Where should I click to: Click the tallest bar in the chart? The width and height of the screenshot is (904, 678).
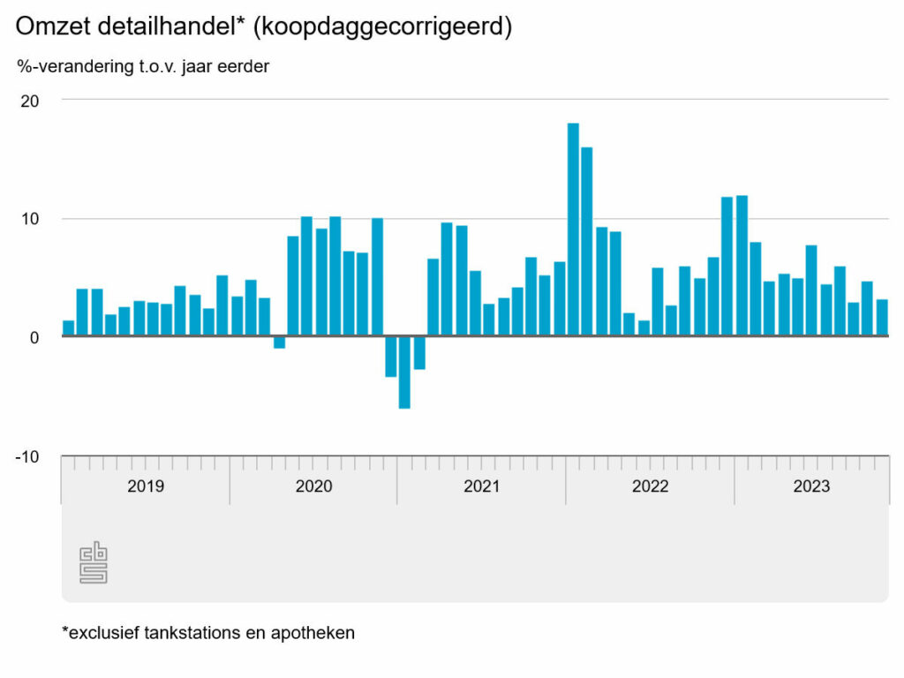point(573,230)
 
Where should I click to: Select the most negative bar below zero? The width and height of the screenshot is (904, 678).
point(404,372)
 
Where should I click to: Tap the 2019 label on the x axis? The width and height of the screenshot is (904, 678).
point(146,486)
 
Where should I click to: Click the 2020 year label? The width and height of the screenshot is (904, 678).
point(313,486)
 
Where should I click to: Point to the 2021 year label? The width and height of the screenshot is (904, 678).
point(482,486)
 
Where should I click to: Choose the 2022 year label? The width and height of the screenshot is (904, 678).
point(650,486)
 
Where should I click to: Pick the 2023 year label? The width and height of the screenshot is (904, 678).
point(811,486)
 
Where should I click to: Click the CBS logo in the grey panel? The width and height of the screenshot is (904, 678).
point(94,563)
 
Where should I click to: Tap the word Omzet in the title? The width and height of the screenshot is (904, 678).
point(52,27)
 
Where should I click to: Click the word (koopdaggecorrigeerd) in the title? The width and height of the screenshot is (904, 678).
point(382,27)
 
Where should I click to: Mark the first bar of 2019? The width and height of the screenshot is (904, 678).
point(69,328)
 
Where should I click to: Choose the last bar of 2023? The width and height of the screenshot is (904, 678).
point(882,318)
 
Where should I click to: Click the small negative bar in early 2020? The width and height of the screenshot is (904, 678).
point(279,343)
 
